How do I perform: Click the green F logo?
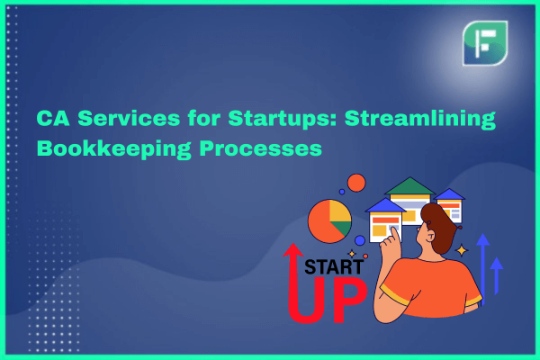[485, 43]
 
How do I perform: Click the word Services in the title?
[129, 118]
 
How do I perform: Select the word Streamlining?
[419, 119]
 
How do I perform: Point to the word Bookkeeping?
[113, 148]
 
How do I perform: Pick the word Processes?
[260, 148]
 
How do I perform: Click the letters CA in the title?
[53, 118]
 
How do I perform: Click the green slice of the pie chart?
[343, 228]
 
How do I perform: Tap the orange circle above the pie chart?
[356, 183]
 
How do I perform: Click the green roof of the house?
[409, 186]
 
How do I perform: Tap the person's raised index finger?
[394, 235]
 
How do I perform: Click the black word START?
[329, 267]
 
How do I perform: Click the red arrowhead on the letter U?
[293, 250]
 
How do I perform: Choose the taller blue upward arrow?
[482, 269]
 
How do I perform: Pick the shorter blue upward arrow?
[496, 276]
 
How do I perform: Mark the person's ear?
[430, 236]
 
